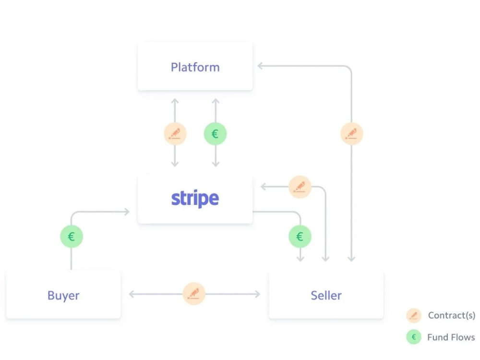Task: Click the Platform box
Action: click(x=195, y=67)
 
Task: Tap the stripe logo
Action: click(x=195, y=198)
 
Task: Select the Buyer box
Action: click(x=63, y=295)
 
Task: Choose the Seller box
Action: click(x=326, y=295)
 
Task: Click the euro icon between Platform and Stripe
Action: click(x=215, y=134)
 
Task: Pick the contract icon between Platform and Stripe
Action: click(x=175, y=134)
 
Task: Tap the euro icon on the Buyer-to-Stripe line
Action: click(x=71, y=236)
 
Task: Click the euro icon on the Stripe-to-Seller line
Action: click(x=300, y=236)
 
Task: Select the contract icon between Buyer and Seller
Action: click(x=194, y=294)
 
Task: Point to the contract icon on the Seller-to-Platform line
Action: click(x=351, y=134)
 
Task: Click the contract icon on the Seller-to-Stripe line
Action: click(x=300, y=187)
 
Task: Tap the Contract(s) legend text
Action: click(x=452, y=315)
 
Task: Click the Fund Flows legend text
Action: click(x=451, y=337)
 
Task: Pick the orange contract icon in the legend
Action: click(x=413, y=315)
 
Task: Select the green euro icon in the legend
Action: click(x=413, y=337)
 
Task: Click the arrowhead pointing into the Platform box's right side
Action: click(x=260, y=66)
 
